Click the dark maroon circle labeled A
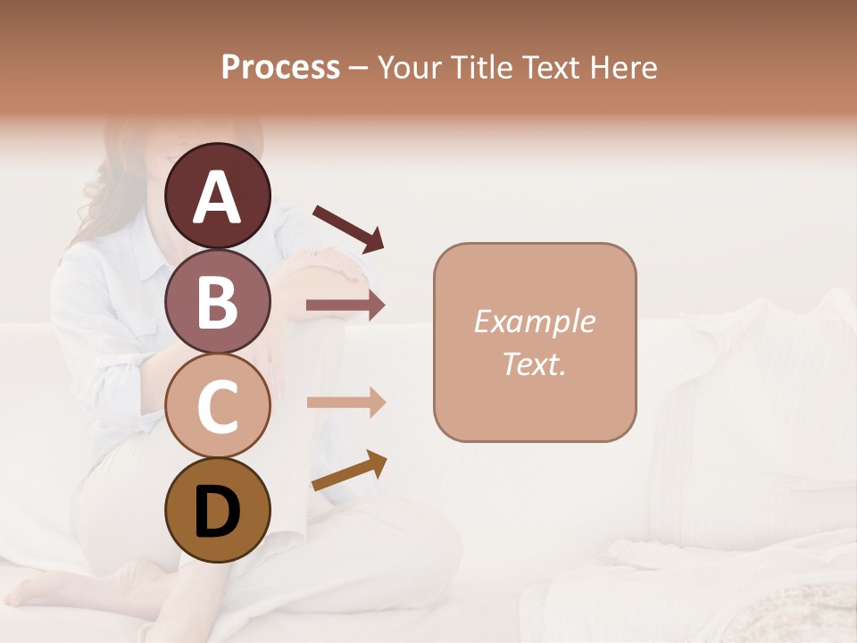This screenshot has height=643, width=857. (217, 196)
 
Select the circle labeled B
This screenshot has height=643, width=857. (217, 301)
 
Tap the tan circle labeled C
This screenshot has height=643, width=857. (217, 405)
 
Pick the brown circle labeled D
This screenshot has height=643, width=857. (217, 510)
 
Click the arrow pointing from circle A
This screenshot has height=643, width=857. (348, 228)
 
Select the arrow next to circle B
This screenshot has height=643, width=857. (345, 305)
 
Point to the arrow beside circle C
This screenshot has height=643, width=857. (345, 403)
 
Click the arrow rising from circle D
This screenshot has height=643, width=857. (349, 470)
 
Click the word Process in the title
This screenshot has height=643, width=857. (280, 67)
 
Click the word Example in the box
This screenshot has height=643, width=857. (534, 321)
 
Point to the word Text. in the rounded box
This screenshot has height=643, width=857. (534, 363)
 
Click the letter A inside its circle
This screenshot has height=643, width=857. (217, 197)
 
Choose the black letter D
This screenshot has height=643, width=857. (217, 512)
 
